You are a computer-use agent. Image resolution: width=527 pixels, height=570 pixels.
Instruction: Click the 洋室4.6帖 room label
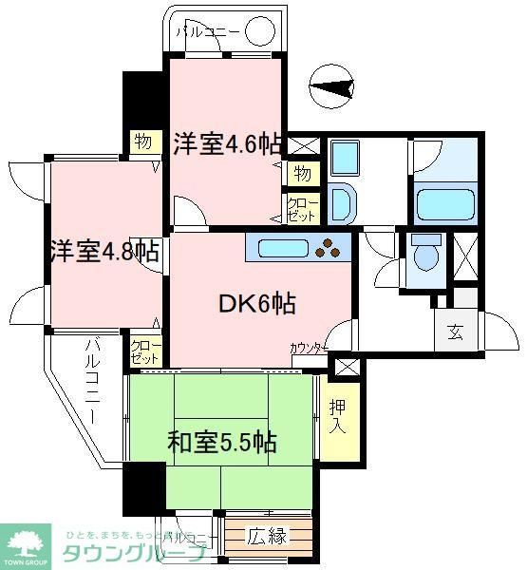227,144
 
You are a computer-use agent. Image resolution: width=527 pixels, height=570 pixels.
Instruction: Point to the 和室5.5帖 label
222,443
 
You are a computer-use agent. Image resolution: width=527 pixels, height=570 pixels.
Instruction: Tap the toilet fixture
424,255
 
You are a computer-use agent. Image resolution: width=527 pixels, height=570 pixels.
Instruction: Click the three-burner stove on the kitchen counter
330,248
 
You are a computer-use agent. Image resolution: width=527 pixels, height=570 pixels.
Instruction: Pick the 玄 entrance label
455,333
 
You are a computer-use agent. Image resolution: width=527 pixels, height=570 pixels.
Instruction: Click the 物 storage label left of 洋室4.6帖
142,142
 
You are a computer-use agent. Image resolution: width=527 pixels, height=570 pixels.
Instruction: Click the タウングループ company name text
134,555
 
